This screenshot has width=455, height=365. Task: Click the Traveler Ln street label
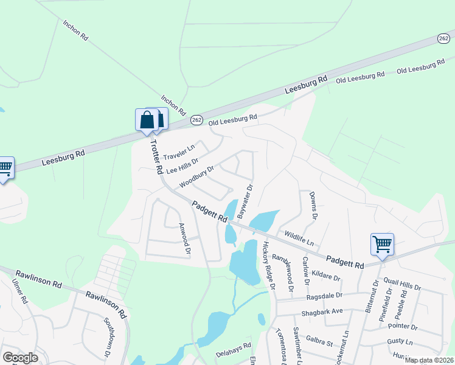point(179,151)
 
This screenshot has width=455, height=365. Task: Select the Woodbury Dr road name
point(197,177)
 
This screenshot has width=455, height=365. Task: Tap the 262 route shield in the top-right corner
point(444,38)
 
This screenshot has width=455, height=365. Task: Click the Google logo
point(20,358)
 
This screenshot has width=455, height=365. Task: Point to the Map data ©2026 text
point(429,360)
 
